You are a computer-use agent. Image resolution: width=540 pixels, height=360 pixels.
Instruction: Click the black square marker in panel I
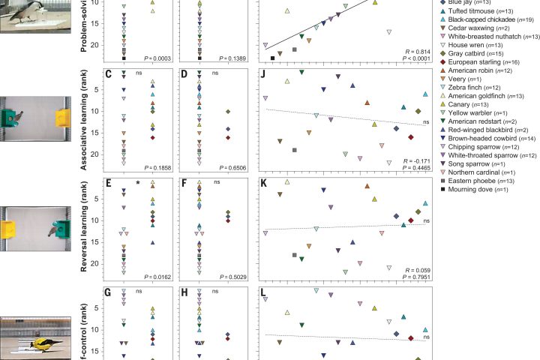272,57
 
